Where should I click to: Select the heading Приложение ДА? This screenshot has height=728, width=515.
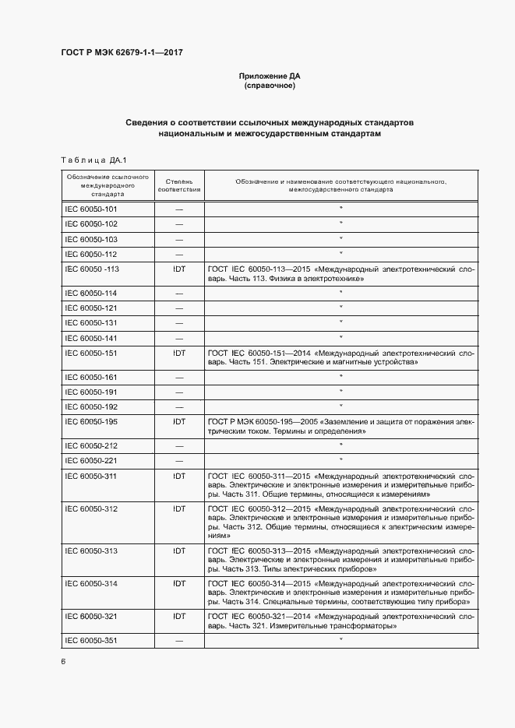point(269,76)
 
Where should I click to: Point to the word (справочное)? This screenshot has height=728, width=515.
point(269,86)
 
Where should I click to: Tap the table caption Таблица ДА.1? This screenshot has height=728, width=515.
point(93,160)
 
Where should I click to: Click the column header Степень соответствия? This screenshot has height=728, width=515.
point(179,185)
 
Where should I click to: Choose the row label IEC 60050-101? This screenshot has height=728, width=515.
point(90,209)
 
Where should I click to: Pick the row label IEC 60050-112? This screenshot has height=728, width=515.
point(90,254)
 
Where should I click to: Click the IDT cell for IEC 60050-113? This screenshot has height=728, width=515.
point(179,269)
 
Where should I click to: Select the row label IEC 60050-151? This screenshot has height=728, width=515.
point(90,353)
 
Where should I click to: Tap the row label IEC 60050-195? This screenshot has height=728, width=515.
point(90,421)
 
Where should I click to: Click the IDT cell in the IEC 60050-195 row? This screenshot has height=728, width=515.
point(179,421)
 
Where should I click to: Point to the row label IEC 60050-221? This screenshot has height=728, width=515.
point(90,460)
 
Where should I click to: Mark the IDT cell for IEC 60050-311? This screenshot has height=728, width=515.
point(179,475)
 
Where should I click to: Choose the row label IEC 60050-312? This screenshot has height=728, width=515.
point(90,508)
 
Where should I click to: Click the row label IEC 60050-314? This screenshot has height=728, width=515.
point(90,583)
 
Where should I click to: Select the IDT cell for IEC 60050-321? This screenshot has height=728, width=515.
point(179,615)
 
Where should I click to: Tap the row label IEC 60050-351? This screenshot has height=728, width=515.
point(90,641)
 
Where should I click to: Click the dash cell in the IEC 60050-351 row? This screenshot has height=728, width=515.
point(179,641)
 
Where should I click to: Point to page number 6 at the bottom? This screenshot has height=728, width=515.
point(63,662)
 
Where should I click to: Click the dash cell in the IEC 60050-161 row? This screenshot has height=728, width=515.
point(179,377)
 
